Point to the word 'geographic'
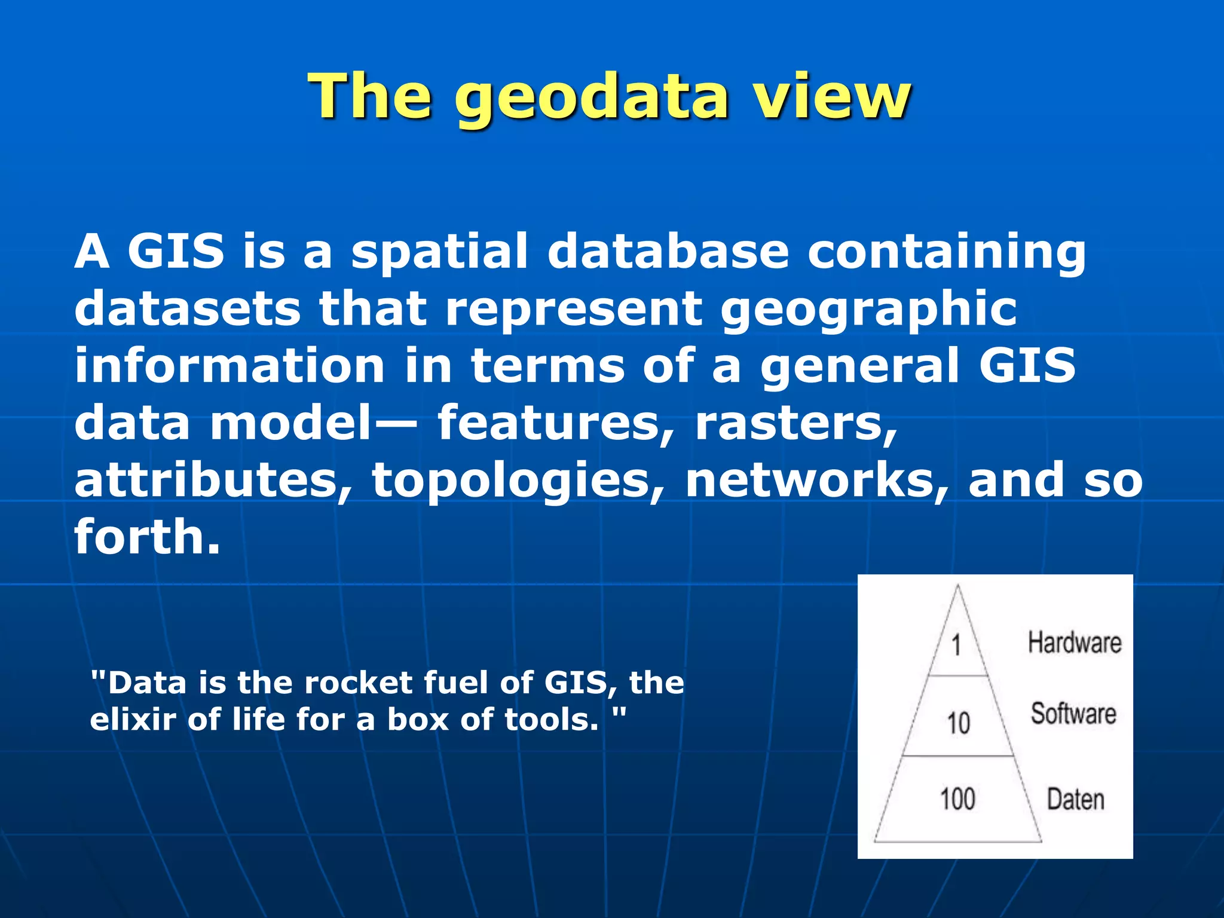868,310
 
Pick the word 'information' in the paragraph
229,366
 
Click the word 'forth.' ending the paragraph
148,536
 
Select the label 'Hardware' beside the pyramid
1074,642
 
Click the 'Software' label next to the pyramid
1073,714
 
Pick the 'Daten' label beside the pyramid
1075,800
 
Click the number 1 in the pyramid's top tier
956,645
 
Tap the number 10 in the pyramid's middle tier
958,723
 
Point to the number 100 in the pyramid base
957,799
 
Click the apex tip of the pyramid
958,586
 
